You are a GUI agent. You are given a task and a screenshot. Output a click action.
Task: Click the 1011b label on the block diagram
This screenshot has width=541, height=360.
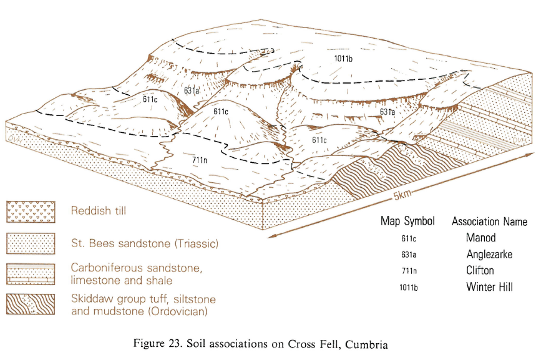(343, 59)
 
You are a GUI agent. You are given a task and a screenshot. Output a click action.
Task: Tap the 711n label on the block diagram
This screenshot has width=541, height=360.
(200, 160)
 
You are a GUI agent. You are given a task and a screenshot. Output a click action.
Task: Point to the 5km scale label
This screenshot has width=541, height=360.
(402, 195)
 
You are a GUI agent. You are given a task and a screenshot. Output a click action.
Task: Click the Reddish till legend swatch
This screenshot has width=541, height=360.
(31, 212)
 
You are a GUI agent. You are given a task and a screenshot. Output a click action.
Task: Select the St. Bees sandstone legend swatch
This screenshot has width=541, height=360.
(31, 243)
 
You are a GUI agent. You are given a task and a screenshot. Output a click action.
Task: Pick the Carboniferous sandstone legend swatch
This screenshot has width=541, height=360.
(31, 274)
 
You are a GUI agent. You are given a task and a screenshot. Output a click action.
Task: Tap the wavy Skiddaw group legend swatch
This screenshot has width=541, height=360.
(31, 304)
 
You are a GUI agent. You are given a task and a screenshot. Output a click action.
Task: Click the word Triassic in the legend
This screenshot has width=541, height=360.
(197, 244)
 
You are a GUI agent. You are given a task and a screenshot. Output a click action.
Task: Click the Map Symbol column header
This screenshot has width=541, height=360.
(407, 221)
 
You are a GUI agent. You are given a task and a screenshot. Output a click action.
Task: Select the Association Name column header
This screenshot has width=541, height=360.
(490, 221)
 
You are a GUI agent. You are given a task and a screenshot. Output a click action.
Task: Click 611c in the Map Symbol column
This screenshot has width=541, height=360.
(409, 238)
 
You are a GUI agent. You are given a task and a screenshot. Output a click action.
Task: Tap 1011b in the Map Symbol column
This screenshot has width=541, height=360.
(409, 287)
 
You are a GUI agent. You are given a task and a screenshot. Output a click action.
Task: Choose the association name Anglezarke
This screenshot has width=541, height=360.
(489, 255)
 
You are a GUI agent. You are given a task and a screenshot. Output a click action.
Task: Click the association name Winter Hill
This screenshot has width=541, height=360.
(489, 286)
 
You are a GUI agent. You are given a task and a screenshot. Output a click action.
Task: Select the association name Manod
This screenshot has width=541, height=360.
(480, 238)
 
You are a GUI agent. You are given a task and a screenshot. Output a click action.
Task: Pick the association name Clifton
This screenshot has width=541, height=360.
(480, 270)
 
